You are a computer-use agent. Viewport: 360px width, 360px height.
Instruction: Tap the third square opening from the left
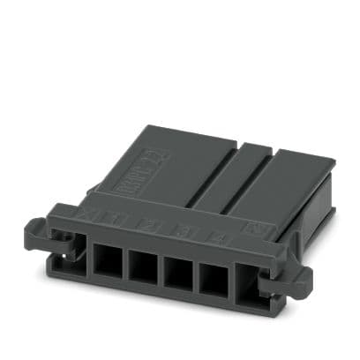tap(178, 270)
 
